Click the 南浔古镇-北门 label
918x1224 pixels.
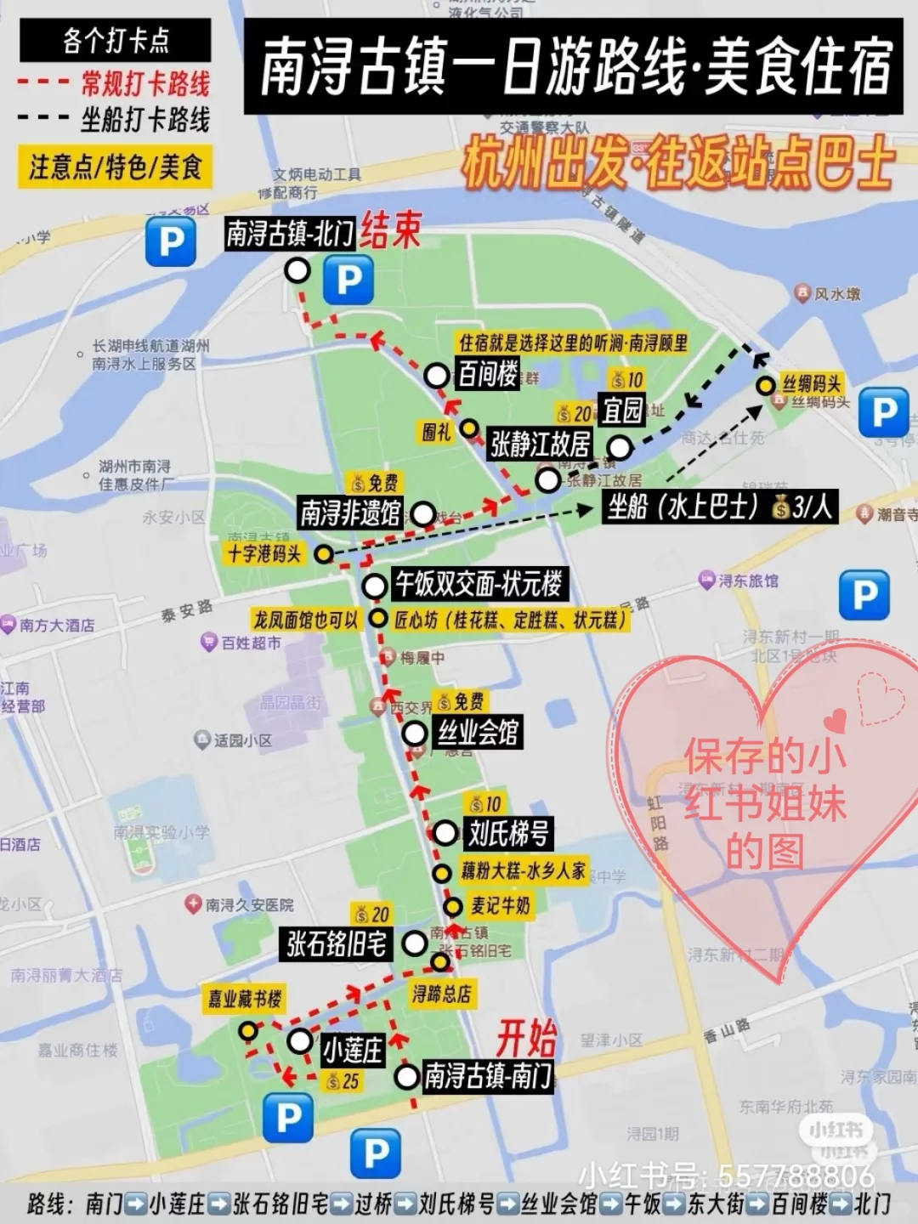289,233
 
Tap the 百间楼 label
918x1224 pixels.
488,374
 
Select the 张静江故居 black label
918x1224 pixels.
540,444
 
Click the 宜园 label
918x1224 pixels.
622,410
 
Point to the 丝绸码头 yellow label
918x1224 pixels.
812,383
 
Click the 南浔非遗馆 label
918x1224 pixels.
350,513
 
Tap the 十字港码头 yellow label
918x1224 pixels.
264,554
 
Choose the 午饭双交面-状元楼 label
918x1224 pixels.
479,584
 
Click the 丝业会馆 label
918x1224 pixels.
477,732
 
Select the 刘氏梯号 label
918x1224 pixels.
508,833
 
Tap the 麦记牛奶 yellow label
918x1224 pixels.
501,906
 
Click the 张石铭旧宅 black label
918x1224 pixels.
337,943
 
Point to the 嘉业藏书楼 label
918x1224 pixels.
245,999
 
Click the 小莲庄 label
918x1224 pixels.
352,1051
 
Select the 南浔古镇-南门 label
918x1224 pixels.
488,1076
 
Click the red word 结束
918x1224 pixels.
390,229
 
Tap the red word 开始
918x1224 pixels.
526,1038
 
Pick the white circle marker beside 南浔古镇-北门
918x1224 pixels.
297,271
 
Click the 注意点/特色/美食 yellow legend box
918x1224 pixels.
115,167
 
